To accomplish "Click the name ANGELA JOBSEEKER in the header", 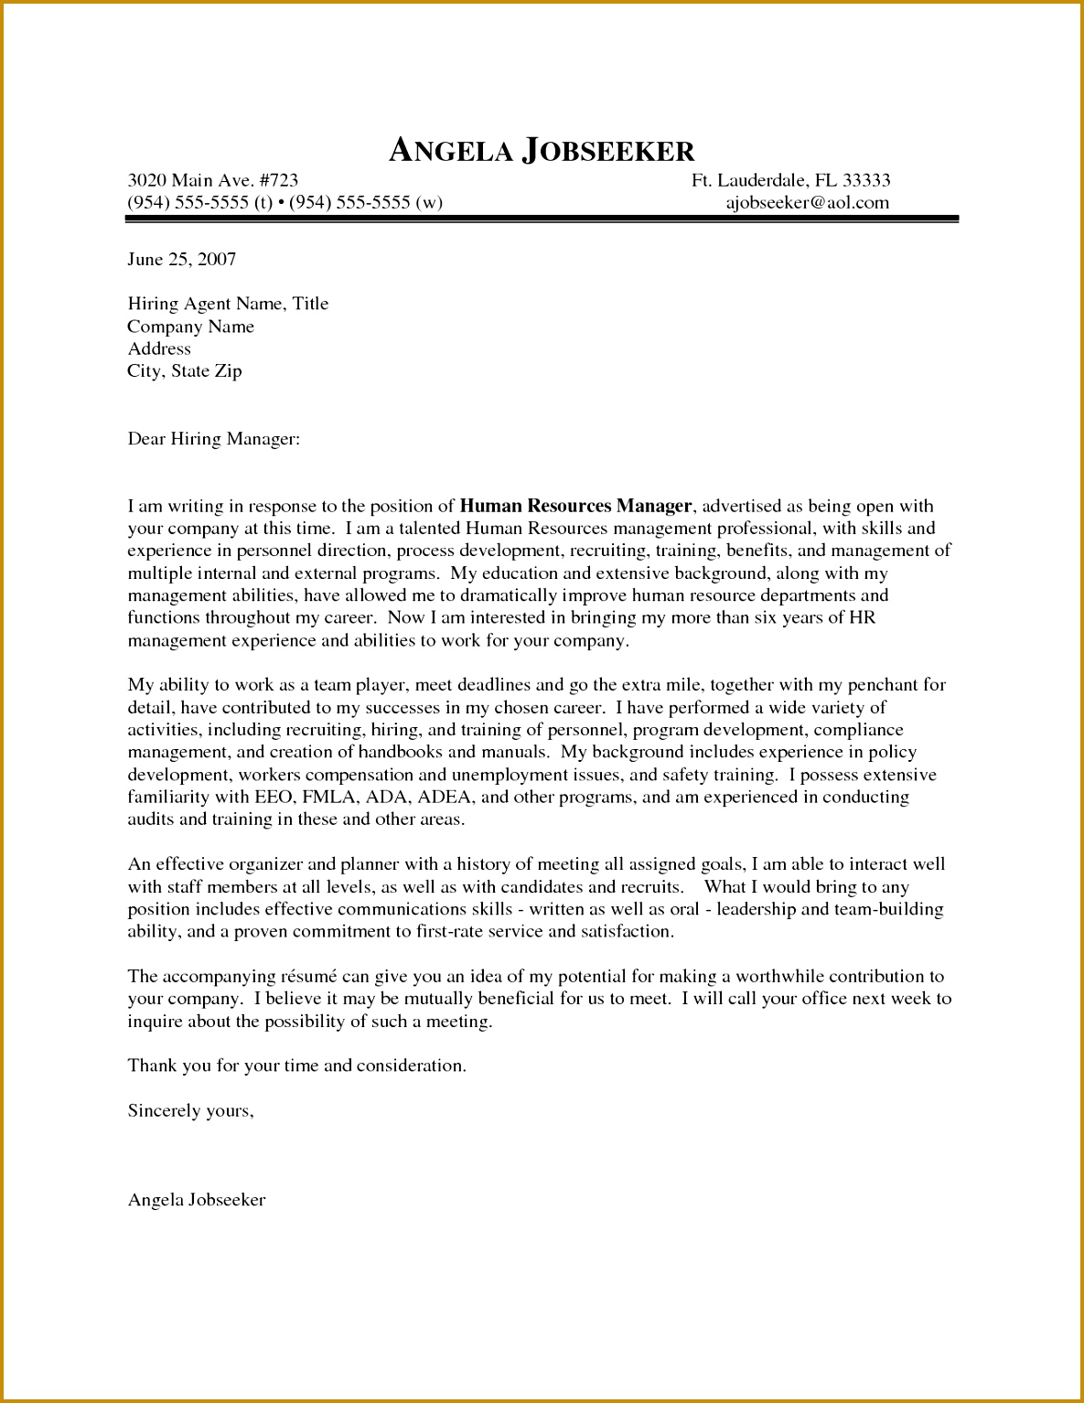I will (542, 151).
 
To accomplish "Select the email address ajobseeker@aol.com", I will (807, 203).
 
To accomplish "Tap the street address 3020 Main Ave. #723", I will (212, 180).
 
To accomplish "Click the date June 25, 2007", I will (181, 260).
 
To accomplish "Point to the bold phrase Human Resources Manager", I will (575, 506).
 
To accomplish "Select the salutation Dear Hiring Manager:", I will (213, 439).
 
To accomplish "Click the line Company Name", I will (190, 327).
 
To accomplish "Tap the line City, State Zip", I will (184, 371).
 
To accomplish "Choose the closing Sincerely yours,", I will (190, 1110).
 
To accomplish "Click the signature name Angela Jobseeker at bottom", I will (197, 1200).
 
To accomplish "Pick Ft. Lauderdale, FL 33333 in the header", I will (790, 180).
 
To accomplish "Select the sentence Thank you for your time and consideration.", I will (296, 1066).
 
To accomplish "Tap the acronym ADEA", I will (444, 797).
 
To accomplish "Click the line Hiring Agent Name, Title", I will (228, 304).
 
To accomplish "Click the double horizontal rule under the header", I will (542, 220).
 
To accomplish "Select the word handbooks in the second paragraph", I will (400, 752).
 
